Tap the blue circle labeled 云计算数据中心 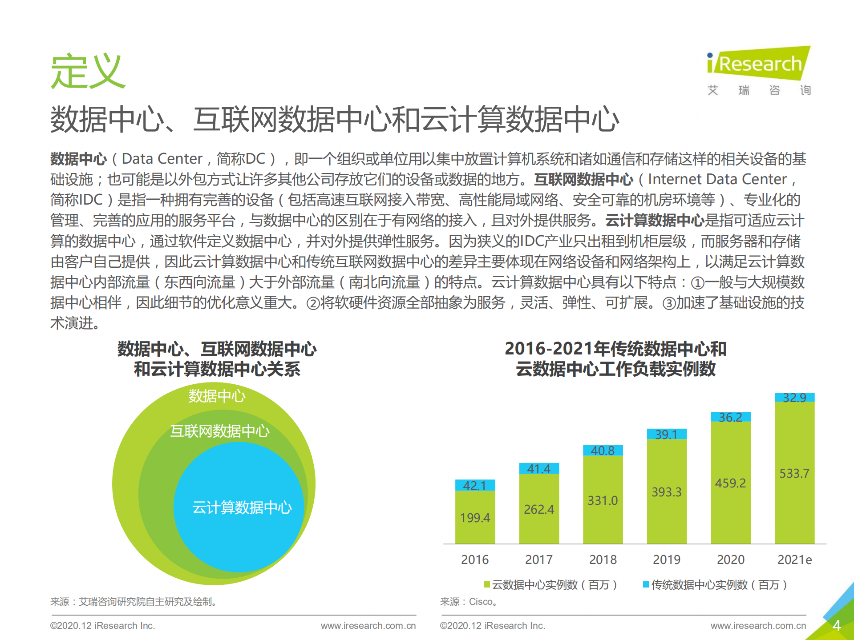click(x=239, y=507)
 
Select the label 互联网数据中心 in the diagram click(x=220, y=431)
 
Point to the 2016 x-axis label click(x=474, y=559)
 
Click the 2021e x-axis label click(x=794, y=559)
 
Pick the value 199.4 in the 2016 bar click(x=475, y=518)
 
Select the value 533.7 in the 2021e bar click(x=794, y=473)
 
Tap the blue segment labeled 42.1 click(x=475, y=485)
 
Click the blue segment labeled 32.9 click(x=794, y=397)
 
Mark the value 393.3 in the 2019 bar click(x=667, y=492)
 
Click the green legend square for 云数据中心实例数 click(x=487, y=584)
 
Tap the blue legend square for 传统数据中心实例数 click(x=646, y=584)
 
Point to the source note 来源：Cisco click(x=468, y=602)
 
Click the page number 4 click(x=836, y=625)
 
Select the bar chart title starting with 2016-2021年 click(x=615, y=359)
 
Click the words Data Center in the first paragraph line click(x=162, y=159)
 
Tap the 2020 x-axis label click(x=730, y=559)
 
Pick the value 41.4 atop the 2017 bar click(x=538, y=469)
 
